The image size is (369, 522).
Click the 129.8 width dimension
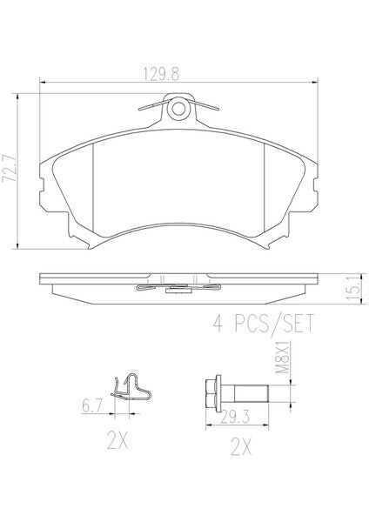tap(161, 74)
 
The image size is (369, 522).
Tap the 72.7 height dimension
tap(9, 168)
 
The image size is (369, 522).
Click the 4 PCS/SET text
tap(264, 323)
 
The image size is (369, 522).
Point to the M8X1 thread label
tap(283, 357)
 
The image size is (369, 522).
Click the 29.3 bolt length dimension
tap(235, 417)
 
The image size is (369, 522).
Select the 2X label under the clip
tap(117, 440)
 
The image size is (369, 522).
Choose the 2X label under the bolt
tap(241, 447)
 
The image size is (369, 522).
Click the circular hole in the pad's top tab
tap(178, 108)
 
